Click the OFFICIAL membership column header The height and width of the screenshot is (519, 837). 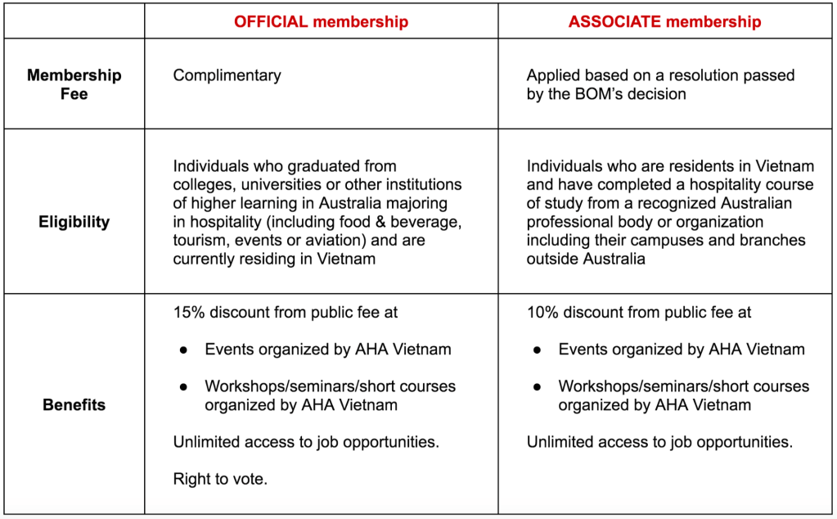point(321,22)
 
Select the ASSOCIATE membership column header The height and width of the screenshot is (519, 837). point(664,22)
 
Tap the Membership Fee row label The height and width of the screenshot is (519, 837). point(74,84)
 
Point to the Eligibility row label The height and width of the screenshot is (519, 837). point(74,221)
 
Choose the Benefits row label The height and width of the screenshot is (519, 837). point(74,404)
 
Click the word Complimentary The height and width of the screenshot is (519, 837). point(227,75)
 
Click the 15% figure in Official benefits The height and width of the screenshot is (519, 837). point(188,312)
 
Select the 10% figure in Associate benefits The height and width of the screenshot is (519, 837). point(542,312)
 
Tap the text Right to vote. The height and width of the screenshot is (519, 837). point(220,479)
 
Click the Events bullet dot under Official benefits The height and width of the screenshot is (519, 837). point(184,350)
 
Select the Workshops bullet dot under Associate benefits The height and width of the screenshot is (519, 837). point(538,386)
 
